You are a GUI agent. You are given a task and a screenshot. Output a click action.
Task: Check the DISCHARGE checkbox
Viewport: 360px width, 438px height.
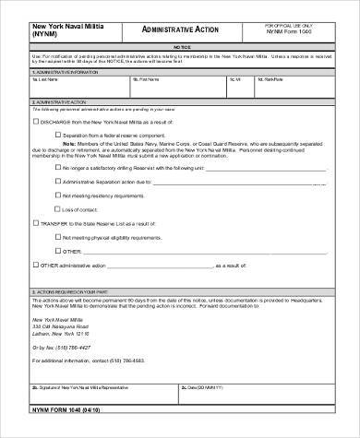(x=36, y=121)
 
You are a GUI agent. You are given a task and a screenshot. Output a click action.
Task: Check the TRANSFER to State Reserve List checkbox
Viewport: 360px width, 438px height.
(x=36, y=223)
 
